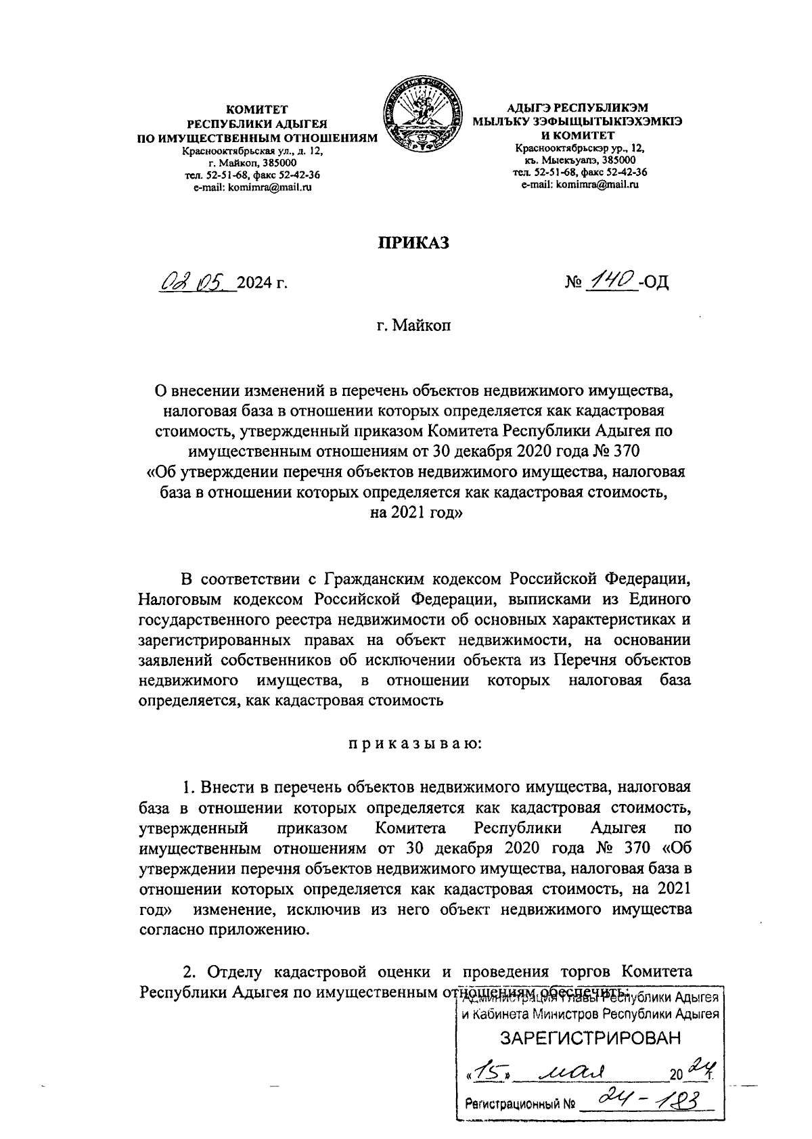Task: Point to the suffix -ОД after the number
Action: tap(654, 282)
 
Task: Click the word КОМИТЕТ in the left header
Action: tap(257, 109)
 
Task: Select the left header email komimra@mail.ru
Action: tap(252, 187)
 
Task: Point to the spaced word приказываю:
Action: tap(414, 744)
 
